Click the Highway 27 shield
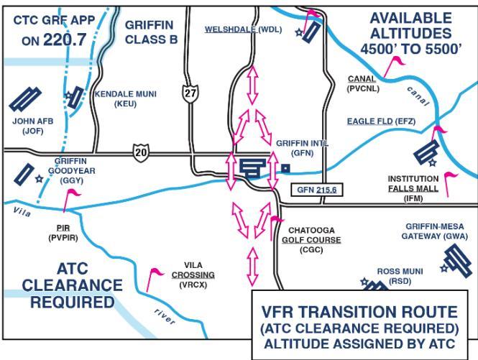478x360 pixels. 190,93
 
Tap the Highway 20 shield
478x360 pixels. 141,152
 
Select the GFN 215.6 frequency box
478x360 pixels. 317,190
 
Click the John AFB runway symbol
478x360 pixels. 25,99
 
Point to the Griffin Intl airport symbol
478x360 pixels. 252,168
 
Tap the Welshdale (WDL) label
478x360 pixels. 243,29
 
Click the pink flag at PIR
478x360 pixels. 70,200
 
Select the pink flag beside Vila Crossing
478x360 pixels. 154,280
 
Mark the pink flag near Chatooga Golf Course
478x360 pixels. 276,228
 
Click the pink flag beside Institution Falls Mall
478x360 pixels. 450,185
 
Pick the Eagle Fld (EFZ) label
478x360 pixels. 382,121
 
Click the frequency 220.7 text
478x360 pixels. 65,40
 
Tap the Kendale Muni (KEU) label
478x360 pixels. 125,98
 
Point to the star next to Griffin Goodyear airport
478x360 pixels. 39,179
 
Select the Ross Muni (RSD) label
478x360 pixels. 400,276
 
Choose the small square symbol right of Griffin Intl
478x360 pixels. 285,168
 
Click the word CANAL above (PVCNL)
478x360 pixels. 362,78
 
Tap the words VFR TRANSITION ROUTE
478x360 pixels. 359,312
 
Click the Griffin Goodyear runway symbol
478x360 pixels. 24,174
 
